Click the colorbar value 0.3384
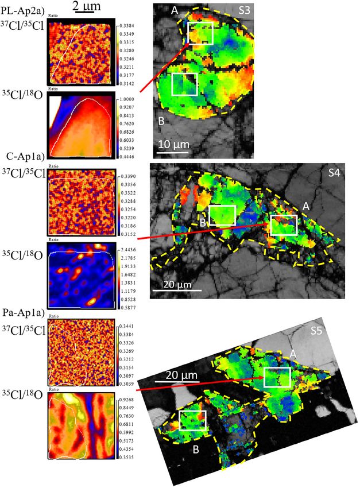click(127, 26)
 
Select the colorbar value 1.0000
click(127, 98)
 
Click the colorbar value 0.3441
click(127, 326)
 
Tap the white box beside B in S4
click(222, 215)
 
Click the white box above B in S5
click(192, 420)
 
